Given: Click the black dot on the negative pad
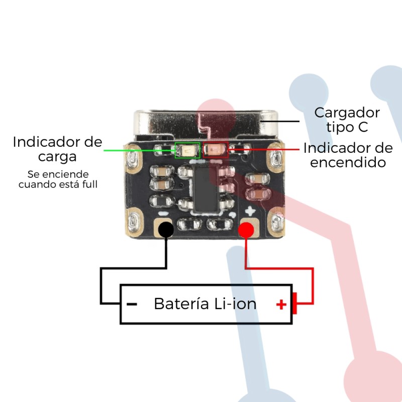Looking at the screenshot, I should [x=166, y=230].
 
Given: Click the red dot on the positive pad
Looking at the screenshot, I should [x=246, y=230].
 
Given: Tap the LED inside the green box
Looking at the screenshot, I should [x=187, y=149].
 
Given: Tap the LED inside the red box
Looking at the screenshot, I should [x=216, y=149].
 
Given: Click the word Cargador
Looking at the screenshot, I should [x=347, y=112].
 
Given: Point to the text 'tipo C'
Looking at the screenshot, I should [x=347, y=127].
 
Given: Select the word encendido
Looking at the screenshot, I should [x=348, y=162].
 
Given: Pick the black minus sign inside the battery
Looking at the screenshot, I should [x=132, y=304].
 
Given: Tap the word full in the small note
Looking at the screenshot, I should [x=90, y=184].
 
